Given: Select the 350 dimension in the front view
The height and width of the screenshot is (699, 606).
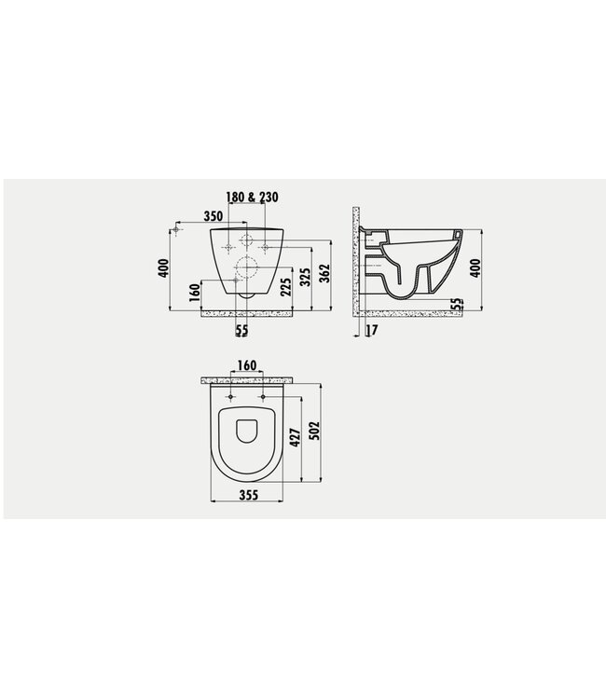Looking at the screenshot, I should pyautogui.click(x=212, y=216).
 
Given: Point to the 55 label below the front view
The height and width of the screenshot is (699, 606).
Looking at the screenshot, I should pyautogui.click(x=241, y=330).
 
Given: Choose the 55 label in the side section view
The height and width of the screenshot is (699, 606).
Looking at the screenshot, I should pyautogui.click(x=457, y=305).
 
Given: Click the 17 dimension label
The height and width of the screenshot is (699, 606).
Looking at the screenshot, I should pyautogui.click(x=372, y=330).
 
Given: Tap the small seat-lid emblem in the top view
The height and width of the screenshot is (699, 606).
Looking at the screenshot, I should pyautogui.click(x=247, y=430).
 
